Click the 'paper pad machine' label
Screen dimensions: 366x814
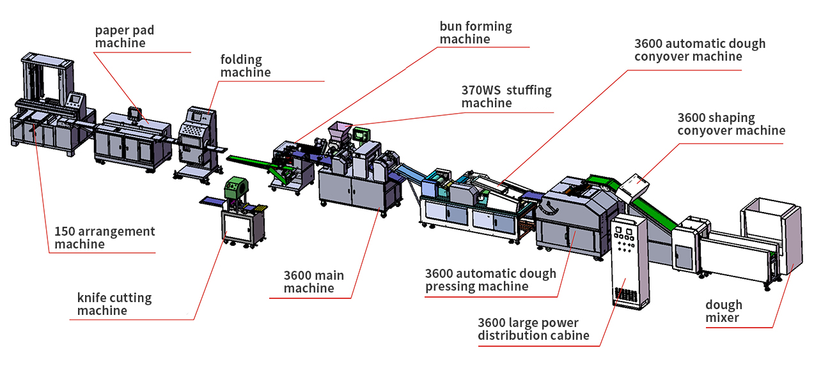[125, 37]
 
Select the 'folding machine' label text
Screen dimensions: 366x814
[246, 66]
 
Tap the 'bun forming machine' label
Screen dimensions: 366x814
[475, 33]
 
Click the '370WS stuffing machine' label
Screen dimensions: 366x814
[506, 96]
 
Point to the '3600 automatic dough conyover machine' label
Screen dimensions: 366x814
[699, 50]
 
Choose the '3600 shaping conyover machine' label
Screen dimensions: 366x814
[731, 124]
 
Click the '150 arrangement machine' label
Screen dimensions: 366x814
[104, 238]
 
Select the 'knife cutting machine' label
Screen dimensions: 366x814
[114, 304]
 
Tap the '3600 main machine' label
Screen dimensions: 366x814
[313, 282]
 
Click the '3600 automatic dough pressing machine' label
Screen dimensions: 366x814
[490, 280]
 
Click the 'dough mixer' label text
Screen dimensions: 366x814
[724, 311]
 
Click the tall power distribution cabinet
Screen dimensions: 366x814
[629, 262]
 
